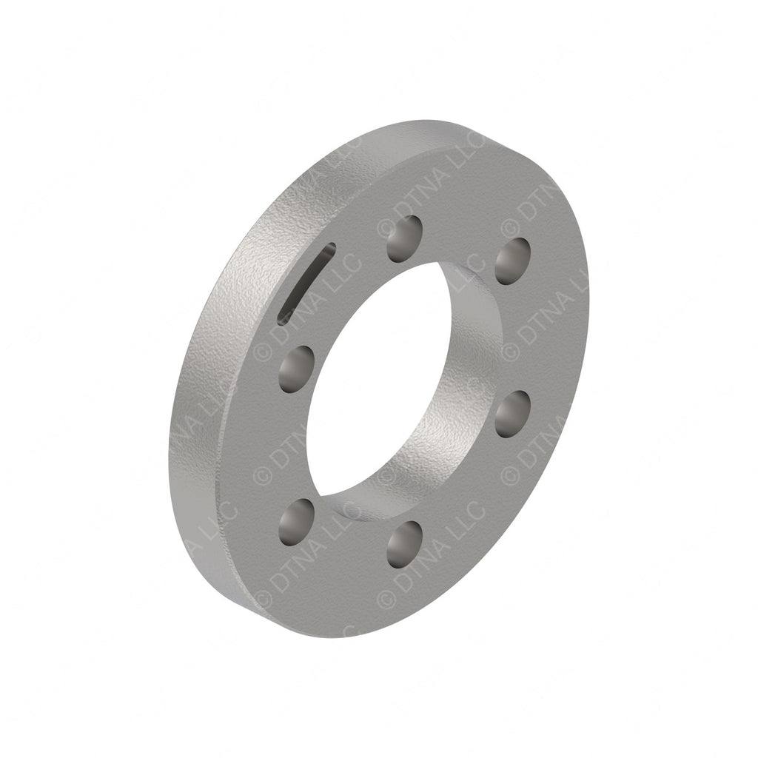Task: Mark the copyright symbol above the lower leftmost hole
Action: pyautogui.click(x=262, y=474)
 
